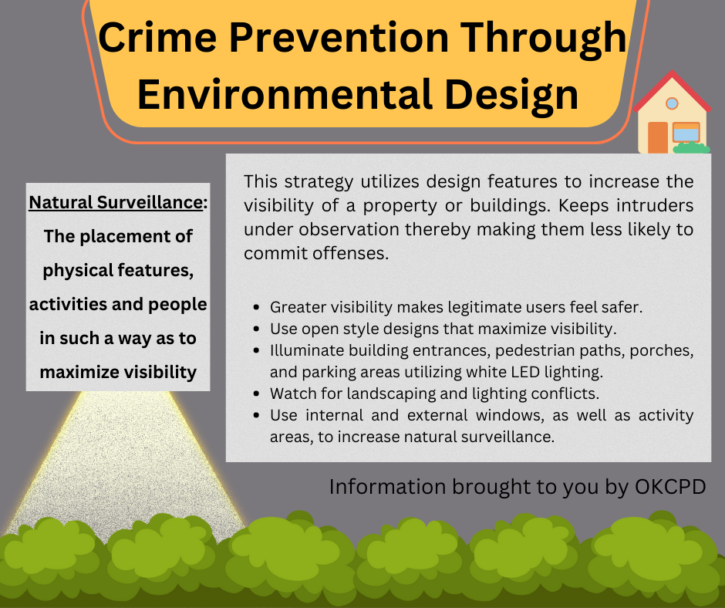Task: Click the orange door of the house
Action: [x=657, y=137]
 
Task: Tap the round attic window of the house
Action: [x=672, y=103]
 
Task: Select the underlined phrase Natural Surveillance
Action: [x=116, y=203]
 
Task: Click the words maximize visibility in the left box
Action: [x=118, y=372]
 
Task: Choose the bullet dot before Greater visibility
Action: [x=256, y=307]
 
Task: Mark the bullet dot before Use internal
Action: [x=256, y=415]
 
